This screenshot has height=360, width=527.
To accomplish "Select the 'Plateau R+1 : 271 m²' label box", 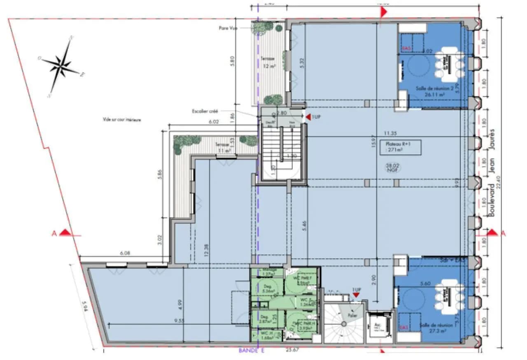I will (x=401, y=148).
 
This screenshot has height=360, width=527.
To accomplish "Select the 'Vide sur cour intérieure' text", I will (x=122, y=120).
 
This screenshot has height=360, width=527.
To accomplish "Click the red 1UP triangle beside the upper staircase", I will (x=307, y=117).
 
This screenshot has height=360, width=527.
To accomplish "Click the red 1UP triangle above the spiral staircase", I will (x=356, y=294).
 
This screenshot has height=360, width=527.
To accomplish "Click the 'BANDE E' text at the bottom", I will (x=251, y=351).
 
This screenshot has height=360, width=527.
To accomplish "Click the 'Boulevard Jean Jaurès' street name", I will (x=491, y=173).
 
